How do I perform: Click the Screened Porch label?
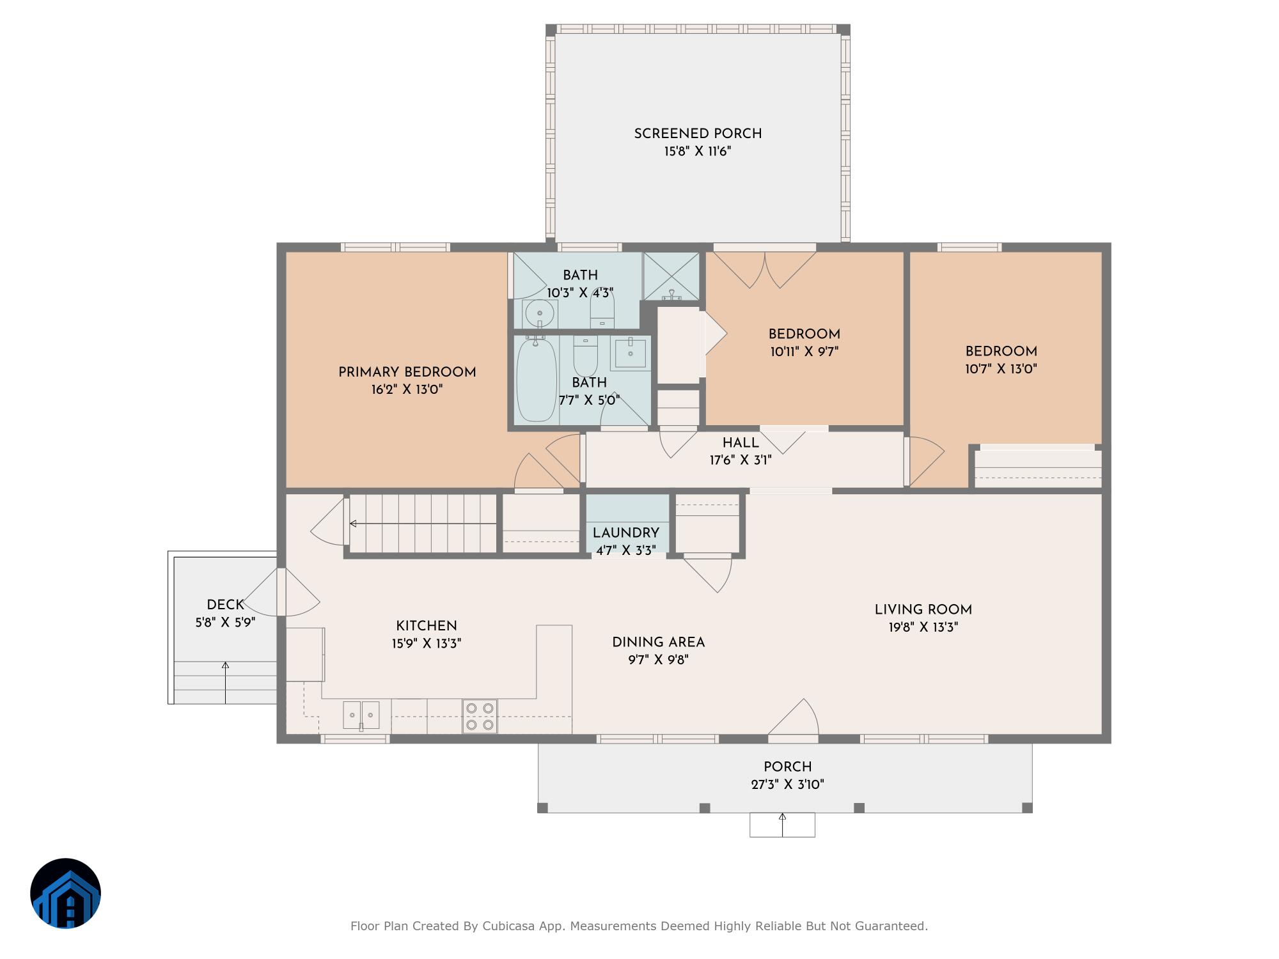(698, 134)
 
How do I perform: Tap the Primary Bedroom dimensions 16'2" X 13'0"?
(407, 389)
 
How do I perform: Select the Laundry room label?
(625, 533)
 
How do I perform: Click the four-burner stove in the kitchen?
(480, 717)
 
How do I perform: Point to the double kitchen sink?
(361, 715)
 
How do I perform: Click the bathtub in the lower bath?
(536, 380)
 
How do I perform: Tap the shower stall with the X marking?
(671, 276)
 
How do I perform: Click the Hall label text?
(741, 442)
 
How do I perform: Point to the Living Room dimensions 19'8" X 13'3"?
(923, 627)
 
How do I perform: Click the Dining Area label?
(658, 643)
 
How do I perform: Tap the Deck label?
(225, 605)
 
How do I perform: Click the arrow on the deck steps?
(225, 683)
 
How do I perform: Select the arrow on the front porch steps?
(782, 825)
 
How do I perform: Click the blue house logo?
(66, 893)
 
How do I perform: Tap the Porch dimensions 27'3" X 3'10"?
(788, 784)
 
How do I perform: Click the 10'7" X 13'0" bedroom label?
(1001, 369)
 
